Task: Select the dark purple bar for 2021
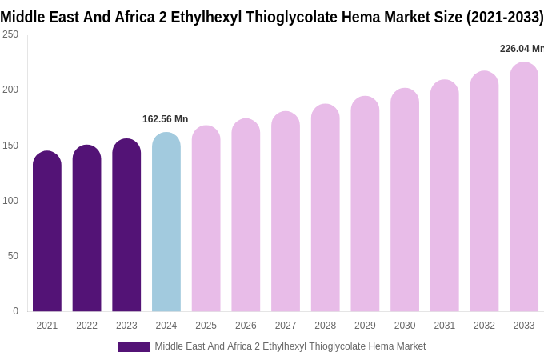(x=47, y=232)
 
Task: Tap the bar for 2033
(x=524, y=187)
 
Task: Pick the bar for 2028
(x=326, y=208)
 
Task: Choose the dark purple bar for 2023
(x=126, y=226)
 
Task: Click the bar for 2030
(x=405, y=200)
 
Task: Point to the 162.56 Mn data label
(x=165, y=119)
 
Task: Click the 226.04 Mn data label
(x=521, y=49)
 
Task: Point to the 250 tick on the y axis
(x=10, y=34)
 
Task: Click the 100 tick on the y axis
(x=10, y=200)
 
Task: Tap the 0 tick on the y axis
(x=15, y=311)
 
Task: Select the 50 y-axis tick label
(x=13, y=256)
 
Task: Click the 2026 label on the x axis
(x=246, y=326)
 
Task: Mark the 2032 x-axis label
(x=484, y=326)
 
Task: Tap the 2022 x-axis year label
(x=87, y=326)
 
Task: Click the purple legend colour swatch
(x=134, y=347)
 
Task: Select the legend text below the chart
(x=290, y=346)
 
